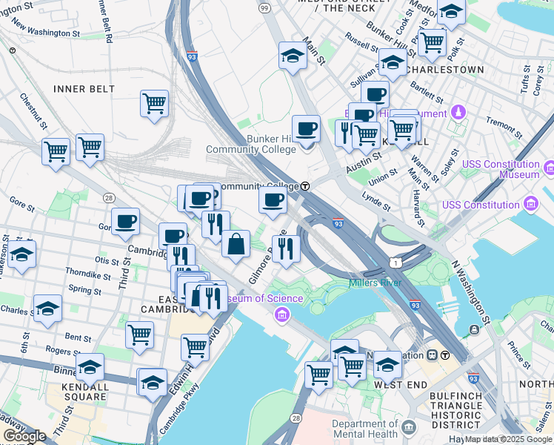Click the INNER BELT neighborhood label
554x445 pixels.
(x=84, y=89)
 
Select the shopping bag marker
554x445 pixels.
(x=236, y=245)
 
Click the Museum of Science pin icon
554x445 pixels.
(x=281, y=316)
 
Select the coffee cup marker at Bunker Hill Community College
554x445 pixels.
(x=306, y=130)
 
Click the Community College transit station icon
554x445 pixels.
(x=304, y=186)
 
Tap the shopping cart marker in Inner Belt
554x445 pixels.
(x=154, y=105)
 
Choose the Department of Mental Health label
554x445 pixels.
(x=366, y=429)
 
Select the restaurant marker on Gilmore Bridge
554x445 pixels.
(x=285, y=248)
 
